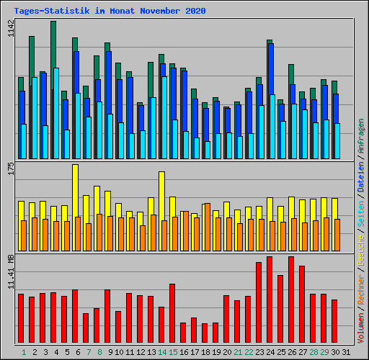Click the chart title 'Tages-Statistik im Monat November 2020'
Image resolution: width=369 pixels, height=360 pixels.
110,11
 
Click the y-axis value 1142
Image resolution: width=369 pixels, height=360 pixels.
9,30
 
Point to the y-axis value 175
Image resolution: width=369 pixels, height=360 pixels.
9,169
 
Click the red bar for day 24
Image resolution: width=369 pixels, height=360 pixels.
270,299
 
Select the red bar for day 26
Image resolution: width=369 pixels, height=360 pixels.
291,299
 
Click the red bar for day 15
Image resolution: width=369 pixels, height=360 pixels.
172,313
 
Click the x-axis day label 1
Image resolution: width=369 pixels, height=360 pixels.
24,352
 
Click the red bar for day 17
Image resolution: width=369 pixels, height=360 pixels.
194,330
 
